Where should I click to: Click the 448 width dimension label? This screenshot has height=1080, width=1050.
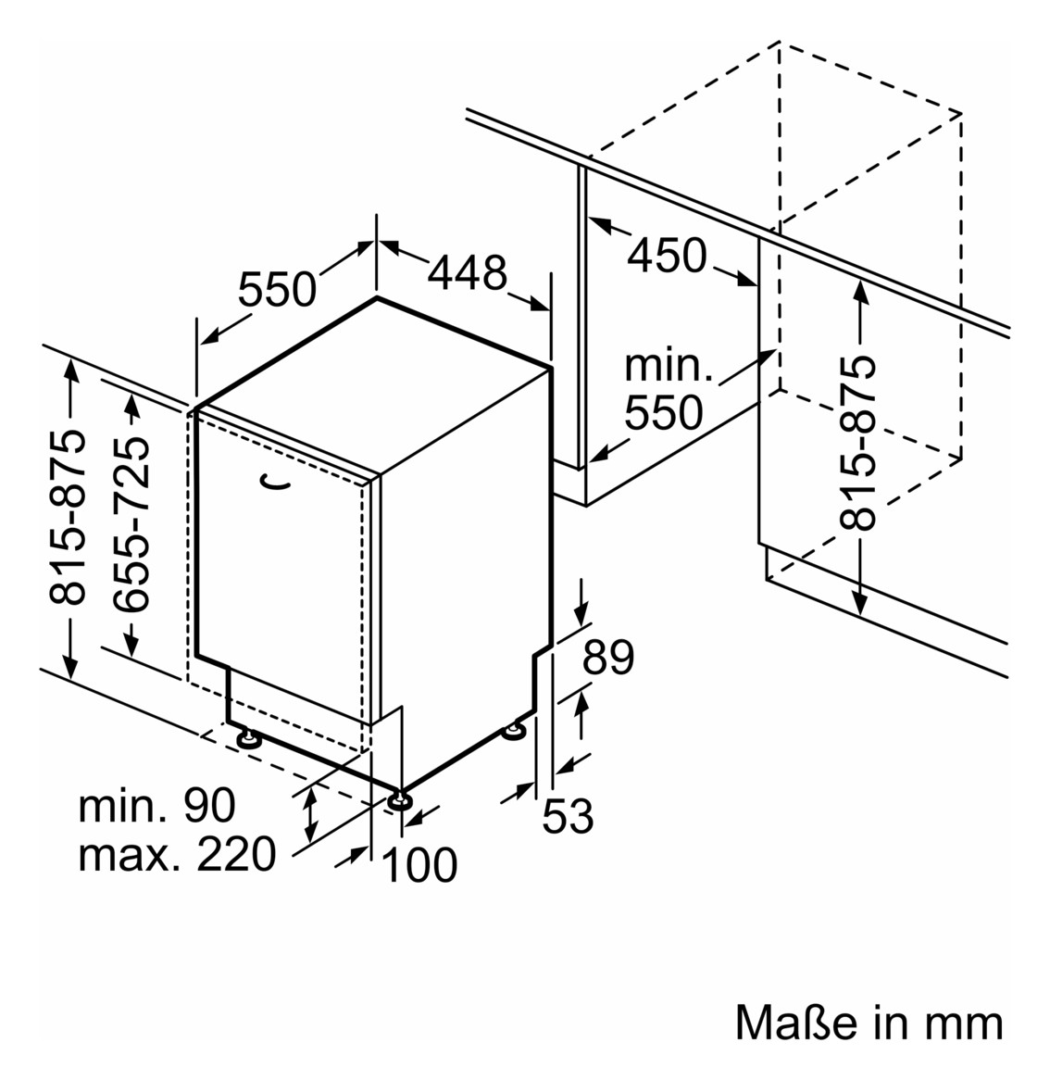pyautogui.click(x=468, y=272)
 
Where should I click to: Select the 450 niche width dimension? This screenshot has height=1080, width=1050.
pyautogui.click(x=667, y=255)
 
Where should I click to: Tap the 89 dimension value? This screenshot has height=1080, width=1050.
pyautogui.click(x=608, y=657)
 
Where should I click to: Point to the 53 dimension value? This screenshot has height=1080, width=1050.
pyautogui.click(x=568, y=816)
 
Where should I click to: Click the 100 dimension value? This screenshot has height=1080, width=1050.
pyautogui.click(x=419, y=864)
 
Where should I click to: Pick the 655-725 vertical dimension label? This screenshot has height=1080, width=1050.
pyautogui.click(x=131, y=524)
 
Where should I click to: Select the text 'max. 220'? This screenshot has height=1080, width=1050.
pyautogui.click(x=177, y=854)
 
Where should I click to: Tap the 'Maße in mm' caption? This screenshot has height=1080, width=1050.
pyautogui.click(x=869, y=1023)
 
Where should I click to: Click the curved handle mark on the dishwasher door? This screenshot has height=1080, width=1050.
pyautogui.click(x=275, y=483)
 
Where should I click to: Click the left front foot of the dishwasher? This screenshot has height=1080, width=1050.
pyautogui.click(x=248, y=740)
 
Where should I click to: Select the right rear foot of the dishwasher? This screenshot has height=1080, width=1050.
pyautogui.click(x=514, y=732)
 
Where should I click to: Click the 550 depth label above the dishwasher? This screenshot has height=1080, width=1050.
pyautogui.click(x=277, y=289)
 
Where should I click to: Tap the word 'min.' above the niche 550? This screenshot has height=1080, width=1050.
pyautogui.click(x=668, y=366)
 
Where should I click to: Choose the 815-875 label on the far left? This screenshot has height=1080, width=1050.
pyautogui.click(x=68, y=517)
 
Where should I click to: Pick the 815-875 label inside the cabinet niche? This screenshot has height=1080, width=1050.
pyautogui.click(x=857, y=442)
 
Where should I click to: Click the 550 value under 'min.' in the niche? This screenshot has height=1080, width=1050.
pyautogui.click(x=664, y=412)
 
